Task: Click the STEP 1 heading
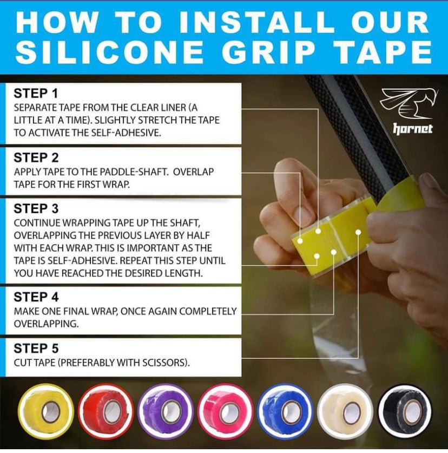point(36,93)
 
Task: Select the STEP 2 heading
point(36,157)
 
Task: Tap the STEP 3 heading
point(36,208)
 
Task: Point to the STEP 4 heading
point(36,297)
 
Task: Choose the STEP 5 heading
point(36,349)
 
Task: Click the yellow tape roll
point(45,411)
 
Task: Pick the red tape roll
point(106,411)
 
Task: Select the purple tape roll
point(166,411)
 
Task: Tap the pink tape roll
point(226,411)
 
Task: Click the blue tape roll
point(286,411)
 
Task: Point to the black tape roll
point(405,411)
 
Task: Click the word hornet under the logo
point(413,129)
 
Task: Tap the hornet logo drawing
point(409,104)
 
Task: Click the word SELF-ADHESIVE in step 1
point(126,133)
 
